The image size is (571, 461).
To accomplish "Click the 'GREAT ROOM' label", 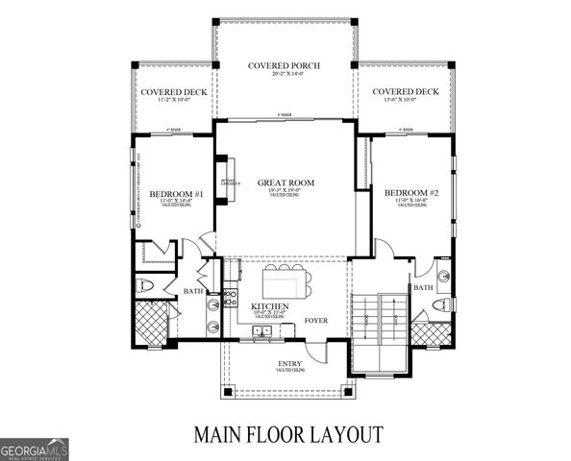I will click(286, 182).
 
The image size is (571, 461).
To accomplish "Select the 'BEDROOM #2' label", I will click(410, 193).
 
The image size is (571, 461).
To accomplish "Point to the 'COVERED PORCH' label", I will click(284, 66).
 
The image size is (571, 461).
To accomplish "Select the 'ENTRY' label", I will click(289, 362).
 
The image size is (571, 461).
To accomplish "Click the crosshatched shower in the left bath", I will click(151, 320).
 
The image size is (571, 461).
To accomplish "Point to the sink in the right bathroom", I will click(443, 276).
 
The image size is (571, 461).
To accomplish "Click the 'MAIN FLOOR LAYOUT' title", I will click(288, 433).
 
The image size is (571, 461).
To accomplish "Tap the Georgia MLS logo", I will click(35, 448).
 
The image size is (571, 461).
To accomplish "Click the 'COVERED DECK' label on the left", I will click(164, 91).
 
